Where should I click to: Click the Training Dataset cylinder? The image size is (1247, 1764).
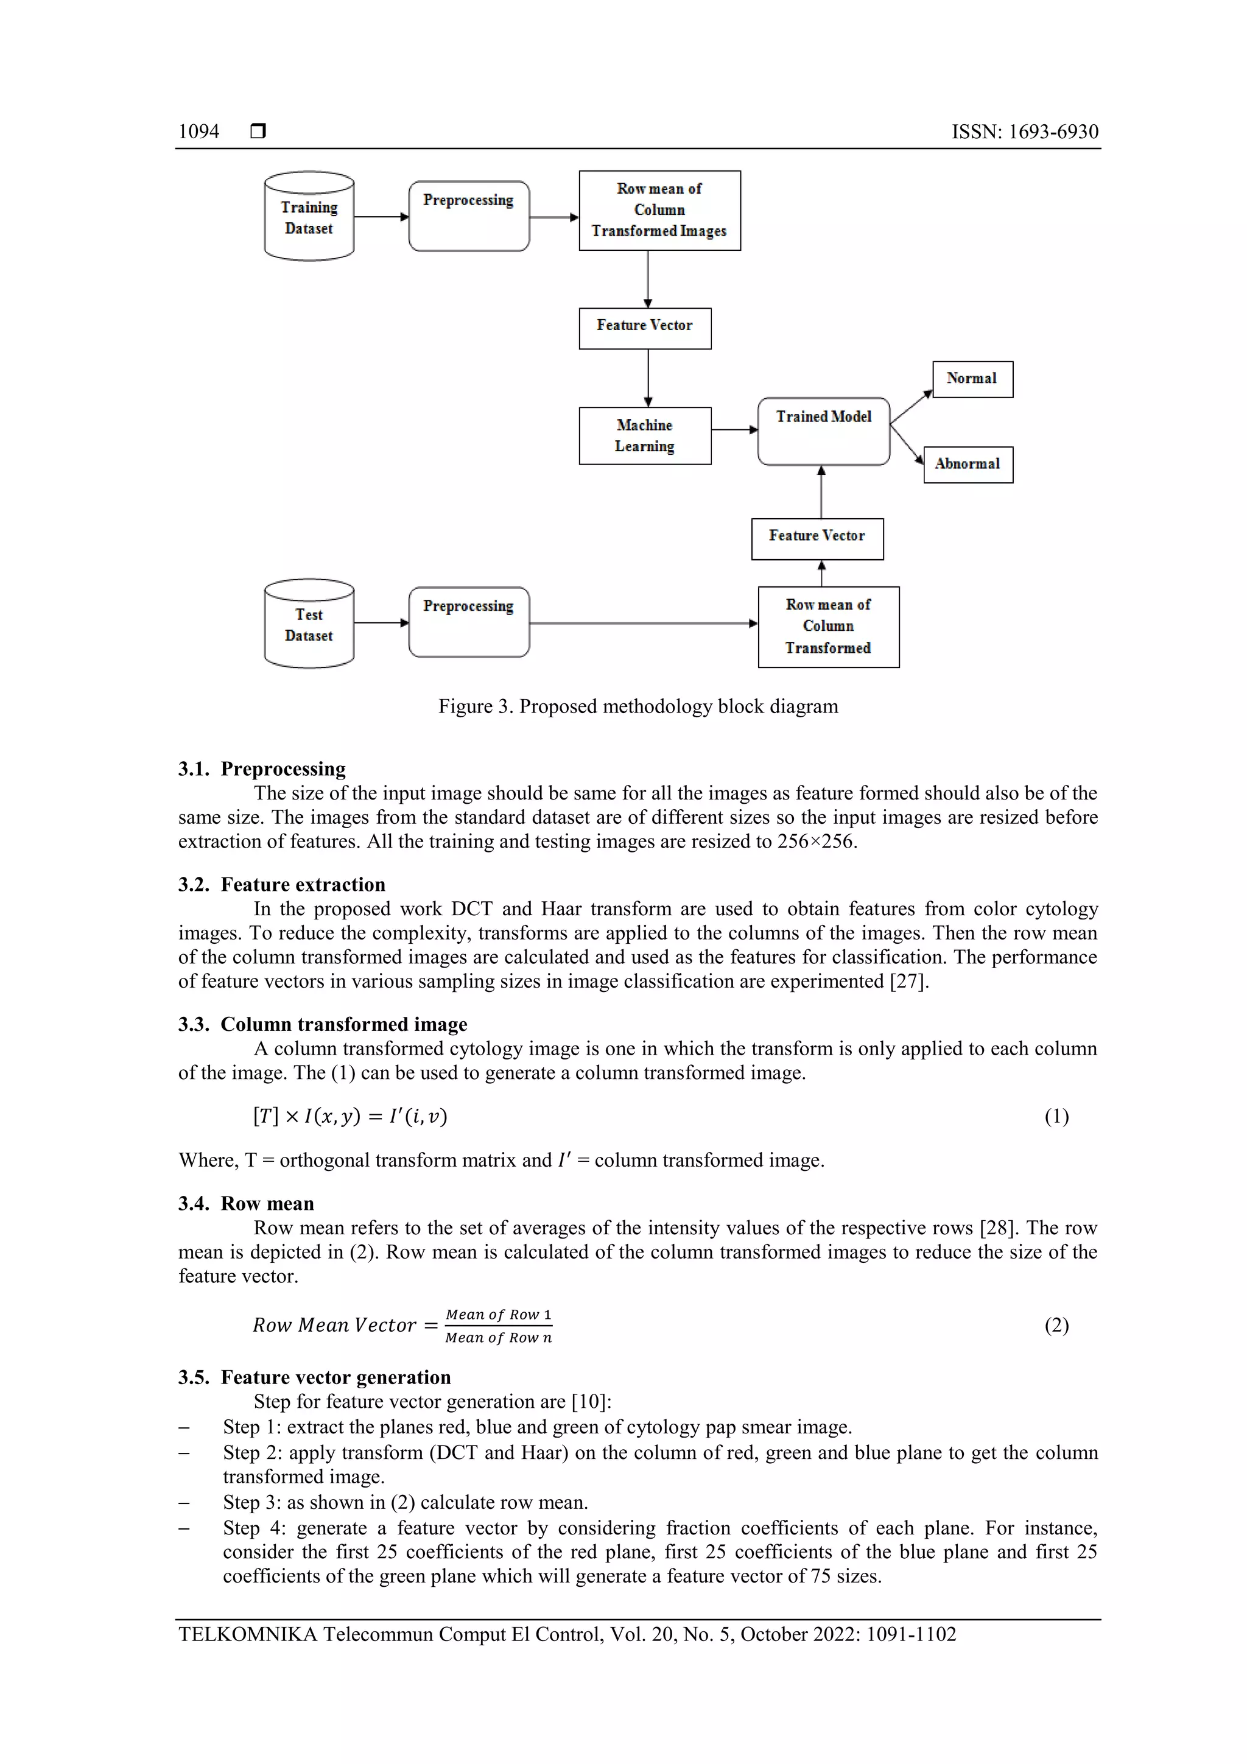[309, 217]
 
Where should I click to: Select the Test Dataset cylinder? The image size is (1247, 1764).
[309, 624]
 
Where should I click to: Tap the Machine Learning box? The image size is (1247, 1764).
[645, 435]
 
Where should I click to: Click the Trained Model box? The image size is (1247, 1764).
[824, 431]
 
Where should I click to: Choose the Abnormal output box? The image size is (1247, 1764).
[968, 464]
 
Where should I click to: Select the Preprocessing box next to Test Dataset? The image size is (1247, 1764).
[469, 622]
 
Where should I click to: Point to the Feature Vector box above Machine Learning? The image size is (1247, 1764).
[645, 328]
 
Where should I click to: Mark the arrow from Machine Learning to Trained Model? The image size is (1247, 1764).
[734, 429]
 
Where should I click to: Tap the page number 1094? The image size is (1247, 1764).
[198, 132]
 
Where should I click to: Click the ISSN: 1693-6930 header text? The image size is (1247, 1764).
[1024, 132]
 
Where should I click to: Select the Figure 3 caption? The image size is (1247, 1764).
[638, 706]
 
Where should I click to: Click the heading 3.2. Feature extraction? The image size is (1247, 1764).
[282, 884]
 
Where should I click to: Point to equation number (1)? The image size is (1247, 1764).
[1056, 1116]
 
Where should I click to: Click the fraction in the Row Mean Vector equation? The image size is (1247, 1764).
[498, 1326]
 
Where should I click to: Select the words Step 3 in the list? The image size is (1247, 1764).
[251, 1502]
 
